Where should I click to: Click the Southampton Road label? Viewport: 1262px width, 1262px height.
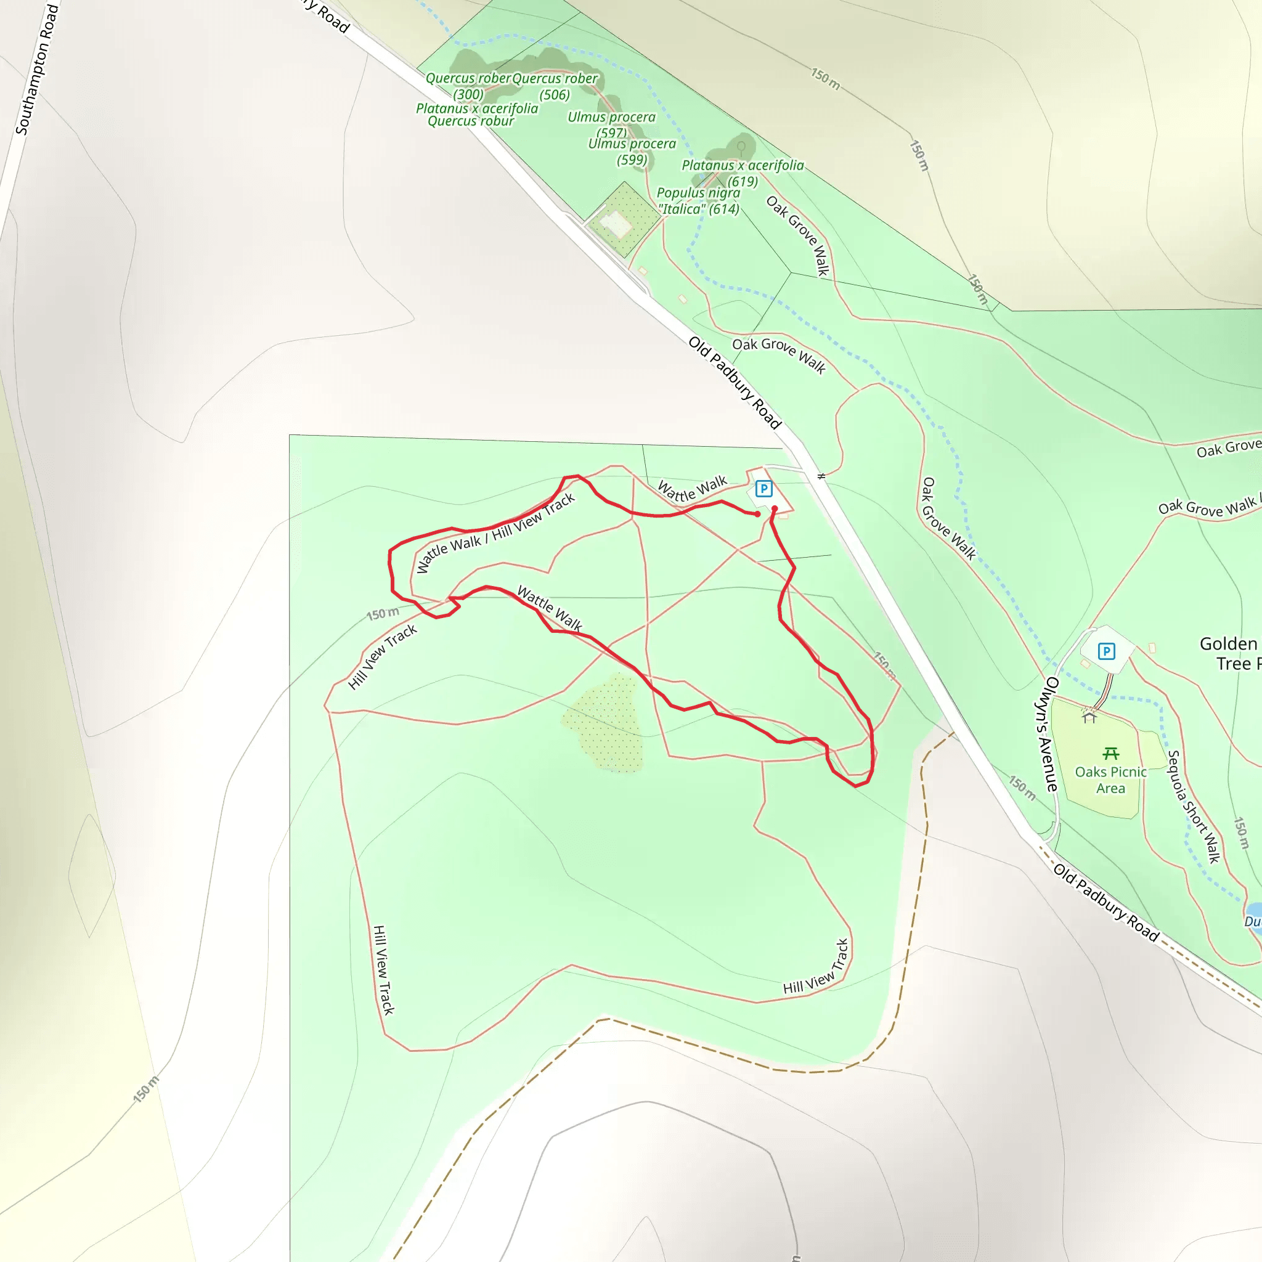coord(36,69)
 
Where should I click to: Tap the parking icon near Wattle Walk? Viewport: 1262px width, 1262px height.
coord(763,489)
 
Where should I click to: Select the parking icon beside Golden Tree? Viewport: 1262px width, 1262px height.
coord(1106,651)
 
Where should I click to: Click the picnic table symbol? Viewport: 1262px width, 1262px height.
coord(1110,754)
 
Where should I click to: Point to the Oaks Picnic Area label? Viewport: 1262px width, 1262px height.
coord(1110,780)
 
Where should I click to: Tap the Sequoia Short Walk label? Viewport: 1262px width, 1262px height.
coord(1194,806)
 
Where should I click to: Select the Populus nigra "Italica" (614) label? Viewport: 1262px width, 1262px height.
coord(698,200)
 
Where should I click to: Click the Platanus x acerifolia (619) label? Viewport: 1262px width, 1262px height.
coord(743,173)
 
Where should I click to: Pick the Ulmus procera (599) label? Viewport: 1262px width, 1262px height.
coord(632,152)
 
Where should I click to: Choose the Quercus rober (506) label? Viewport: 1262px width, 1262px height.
coord(555,86)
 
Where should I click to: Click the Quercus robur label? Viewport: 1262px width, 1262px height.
coord(470,121)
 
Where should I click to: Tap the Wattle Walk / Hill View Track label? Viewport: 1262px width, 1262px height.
coord(495,533)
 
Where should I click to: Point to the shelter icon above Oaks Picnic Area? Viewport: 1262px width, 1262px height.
coord(1088,718)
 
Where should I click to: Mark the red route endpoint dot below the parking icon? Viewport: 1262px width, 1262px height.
coord(774,508)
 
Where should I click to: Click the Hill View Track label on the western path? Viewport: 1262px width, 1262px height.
coord(383,969)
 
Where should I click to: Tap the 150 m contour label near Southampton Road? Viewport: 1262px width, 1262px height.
coord(145,1089)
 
